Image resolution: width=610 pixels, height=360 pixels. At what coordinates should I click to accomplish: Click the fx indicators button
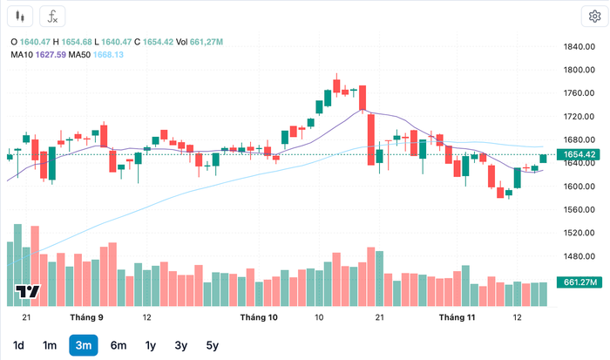point(53,16)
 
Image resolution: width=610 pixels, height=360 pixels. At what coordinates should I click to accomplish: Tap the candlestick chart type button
point(22,16)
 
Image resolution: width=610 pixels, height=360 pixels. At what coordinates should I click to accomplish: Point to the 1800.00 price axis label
point(579,70)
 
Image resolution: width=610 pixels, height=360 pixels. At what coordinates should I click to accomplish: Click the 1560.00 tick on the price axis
point(579,209)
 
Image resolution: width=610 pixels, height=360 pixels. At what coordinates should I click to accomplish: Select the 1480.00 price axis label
point(579,256)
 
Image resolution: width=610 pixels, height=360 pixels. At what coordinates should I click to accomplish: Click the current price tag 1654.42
point(579,155)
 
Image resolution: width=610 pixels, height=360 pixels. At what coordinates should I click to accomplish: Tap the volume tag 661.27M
point(579,282)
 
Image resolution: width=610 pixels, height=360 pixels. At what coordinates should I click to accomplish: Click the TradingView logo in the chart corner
point(27,294)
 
